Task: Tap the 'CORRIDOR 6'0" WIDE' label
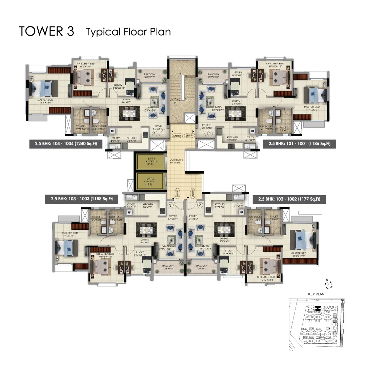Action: point(176,161)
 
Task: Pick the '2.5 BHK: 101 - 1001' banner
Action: point(299,144)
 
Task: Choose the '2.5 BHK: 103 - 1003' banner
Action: point(82,199)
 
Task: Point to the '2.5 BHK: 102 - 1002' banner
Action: point(289,199)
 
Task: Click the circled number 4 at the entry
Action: point(155,134)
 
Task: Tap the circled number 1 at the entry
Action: point(210,134)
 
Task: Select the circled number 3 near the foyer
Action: point(170,205)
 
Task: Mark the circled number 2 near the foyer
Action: point(200,205)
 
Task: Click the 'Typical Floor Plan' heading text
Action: point(128,32)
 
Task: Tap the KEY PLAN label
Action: point(316,294)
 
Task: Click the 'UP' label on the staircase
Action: point(175,102)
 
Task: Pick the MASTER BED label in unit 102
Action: point(298,253)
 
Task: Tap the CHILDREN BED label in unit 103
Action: point(105,253)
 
